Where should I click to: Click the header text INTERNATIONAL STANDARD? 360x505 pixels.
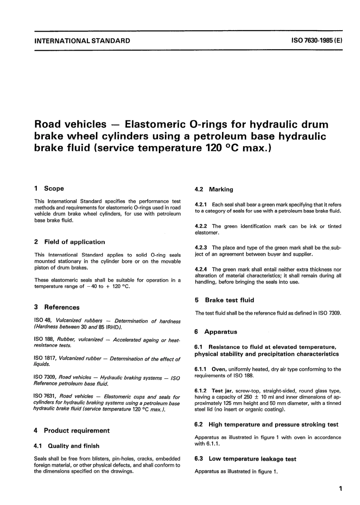tap(82, 41)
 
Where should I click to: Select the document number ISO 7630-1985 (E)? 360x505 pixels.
tap(317, 41)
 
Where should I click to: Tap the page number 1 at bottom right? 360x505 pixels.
tap(340, 489)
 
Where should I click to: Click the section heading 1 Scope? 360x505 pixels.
tap(49, 188)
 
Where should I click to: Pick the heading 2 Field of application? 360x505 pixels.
tap(69, 242)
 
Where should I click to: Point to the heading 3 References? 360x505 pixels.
tap(57, 307)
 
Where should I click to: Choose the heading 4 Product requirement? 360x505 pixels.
tap(72, 431)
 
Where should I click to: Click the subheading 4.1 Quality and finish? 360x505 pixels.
tap(67, 446)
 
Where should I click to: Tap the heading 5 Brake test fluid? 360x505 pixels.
tap(224, 300)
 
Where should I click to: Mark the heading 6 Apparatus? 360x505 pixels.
tap(216, 332)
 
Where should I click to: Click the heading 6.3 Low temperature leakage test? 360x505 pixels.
tap(246, 459)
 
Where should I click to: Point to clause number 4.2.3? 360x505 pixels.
tap(201, 248)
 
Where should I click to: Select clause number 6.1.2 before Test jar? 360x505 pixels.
tap(201, 391)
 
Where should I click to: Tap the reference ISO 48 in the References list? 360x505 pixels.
tap(40, 321)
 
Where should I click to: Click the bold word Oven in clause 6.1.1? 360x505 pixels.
tap(219, 369)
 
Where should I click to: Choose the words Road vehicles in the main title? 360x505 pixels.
tap(70, 124)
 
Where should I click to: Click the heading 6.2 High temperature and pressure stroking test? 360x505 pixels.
tap(266, 425)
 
